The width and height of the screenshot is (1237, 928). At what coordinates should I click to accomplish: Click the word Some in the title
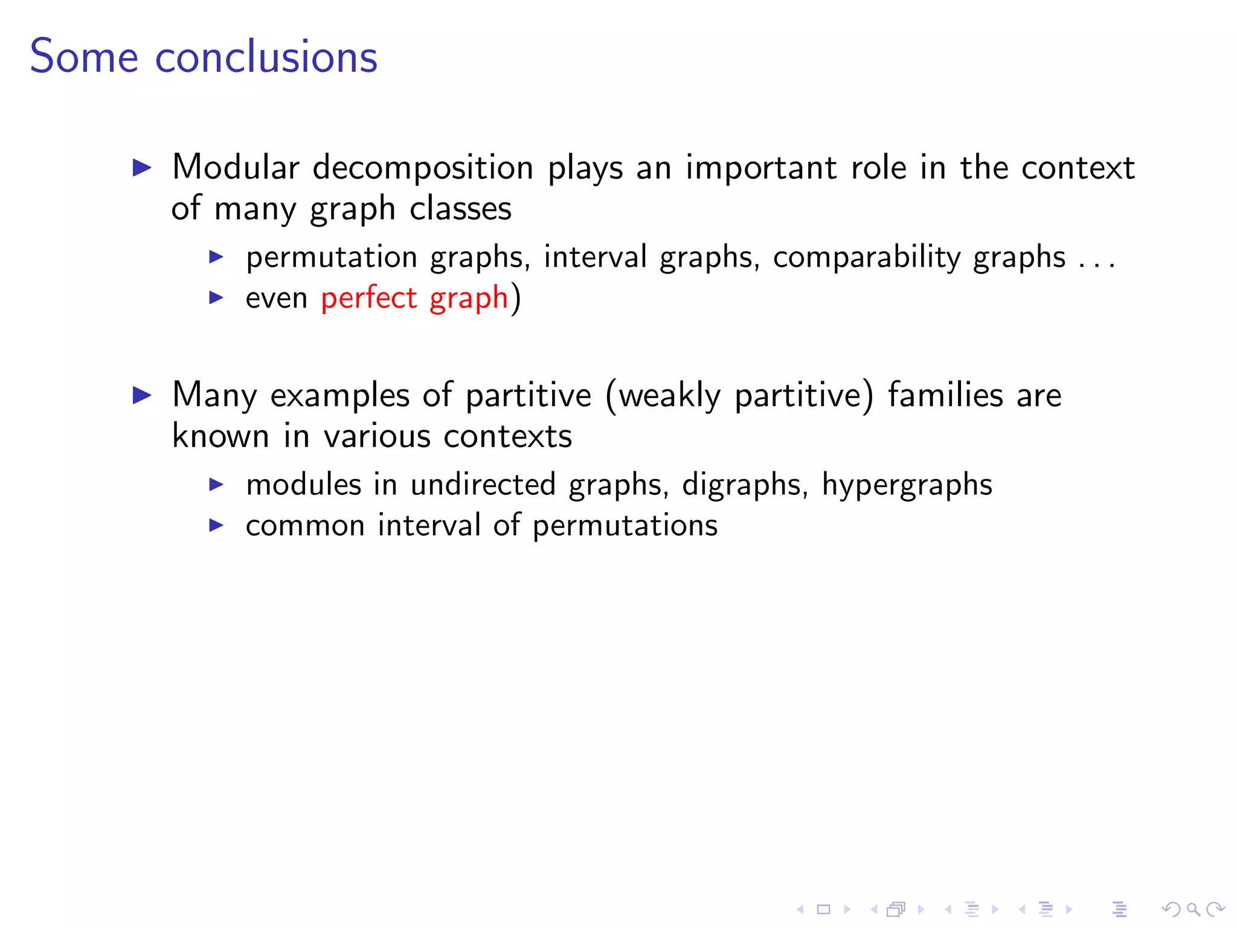click(84, 57)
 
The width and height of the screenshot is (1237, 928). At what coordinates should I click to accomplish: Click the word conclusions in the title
click(266, 57)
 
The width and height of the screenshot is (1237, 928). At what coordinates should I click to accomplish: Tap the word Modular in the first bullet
click(236, 167)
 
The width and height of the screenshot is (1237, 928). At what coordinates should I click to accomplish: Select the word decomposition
click(423, 169)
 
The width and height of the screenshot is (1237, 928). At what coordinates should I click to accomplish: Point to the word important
click(761, 169)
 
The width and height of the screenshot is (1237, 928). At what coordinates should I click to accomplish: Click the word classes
click(460, 208)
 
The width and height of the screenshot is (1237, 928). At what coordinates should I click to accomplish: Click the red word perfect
click(368, 298)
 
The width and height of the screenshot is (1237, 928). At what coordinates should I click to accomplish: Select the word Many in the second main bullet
click(214, 396)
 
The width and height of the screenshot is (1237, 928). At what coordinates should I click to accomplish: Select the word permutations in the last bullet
click(625, 526)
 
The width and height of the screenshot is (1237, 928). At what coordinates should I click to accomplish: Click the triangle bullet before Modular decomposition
click(143, 167)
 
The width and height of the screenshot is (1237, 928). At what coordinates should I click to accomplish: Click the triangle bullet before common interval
click(216, 525)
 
